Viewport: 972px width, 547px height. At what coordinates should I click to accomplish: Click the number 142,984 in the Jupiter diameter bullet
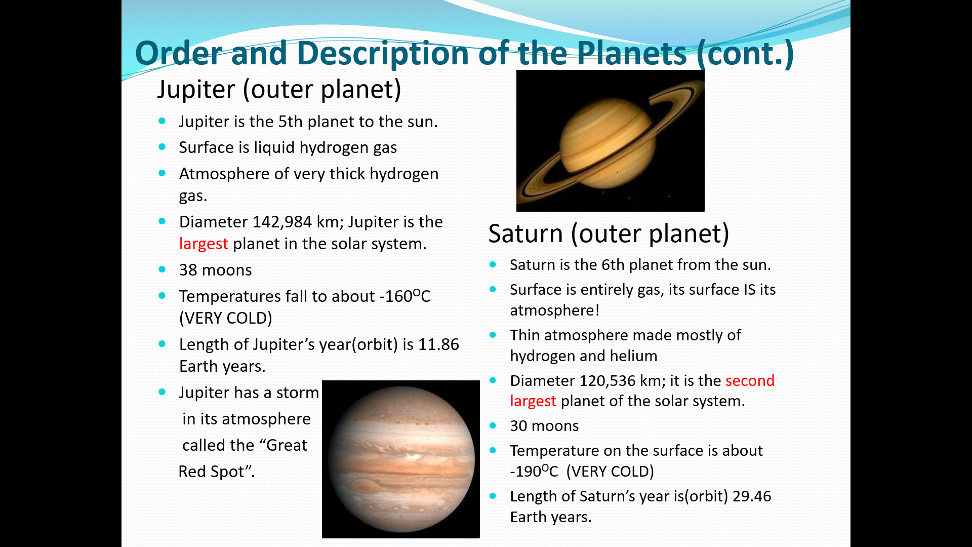[282, 222]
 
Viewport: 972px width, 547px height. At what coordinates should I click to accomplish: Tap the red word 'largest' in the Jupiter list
[204, 244]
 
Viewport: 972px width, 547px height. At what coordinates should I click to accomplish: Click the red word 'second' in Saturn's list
[750, 380]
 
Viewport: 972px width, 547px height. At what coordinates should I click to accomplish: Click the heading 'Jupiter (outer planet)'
[279, 90]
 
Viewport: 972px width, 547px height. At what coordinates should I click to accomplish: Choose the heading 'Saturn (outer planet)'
[609, 234]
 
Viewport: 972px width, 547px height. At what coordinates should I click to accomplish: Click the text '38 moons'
[215, 270]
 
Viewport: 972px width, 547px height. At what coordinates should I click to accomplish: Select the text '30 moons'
[544, 426]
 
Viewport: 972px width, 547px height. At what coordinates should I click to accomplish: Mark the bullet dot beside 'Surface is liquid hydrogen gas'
[162, 147]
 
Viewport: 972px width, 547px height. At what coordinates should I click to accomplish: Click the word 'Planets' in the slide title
[632, 53]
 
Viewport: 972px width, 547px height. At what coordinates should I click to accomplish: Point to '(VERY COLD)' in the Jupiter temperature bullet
[226, 318]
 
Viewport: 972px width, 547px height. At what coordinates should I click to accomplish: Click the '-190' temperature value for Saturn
[525, 472]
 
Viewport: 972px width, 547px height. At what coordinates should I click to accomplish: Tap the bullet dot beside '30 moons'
[493, 425]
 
